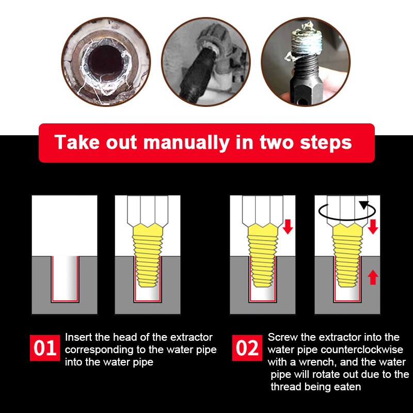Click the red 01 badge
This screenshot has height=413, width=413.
(x=45, y=348)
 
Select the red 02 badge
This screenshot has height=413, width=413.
(x=247, y=348)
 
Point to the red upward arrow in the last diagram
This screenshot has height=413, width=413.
(x=373, y=278)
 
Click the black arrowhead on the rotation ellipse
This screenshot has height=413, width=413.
(x=365, y=205)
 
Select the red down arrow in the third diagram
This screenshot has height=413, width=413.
(x=288, y=226)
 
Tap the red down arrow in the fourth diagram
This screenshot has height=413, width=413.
(x=373, y=226)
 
